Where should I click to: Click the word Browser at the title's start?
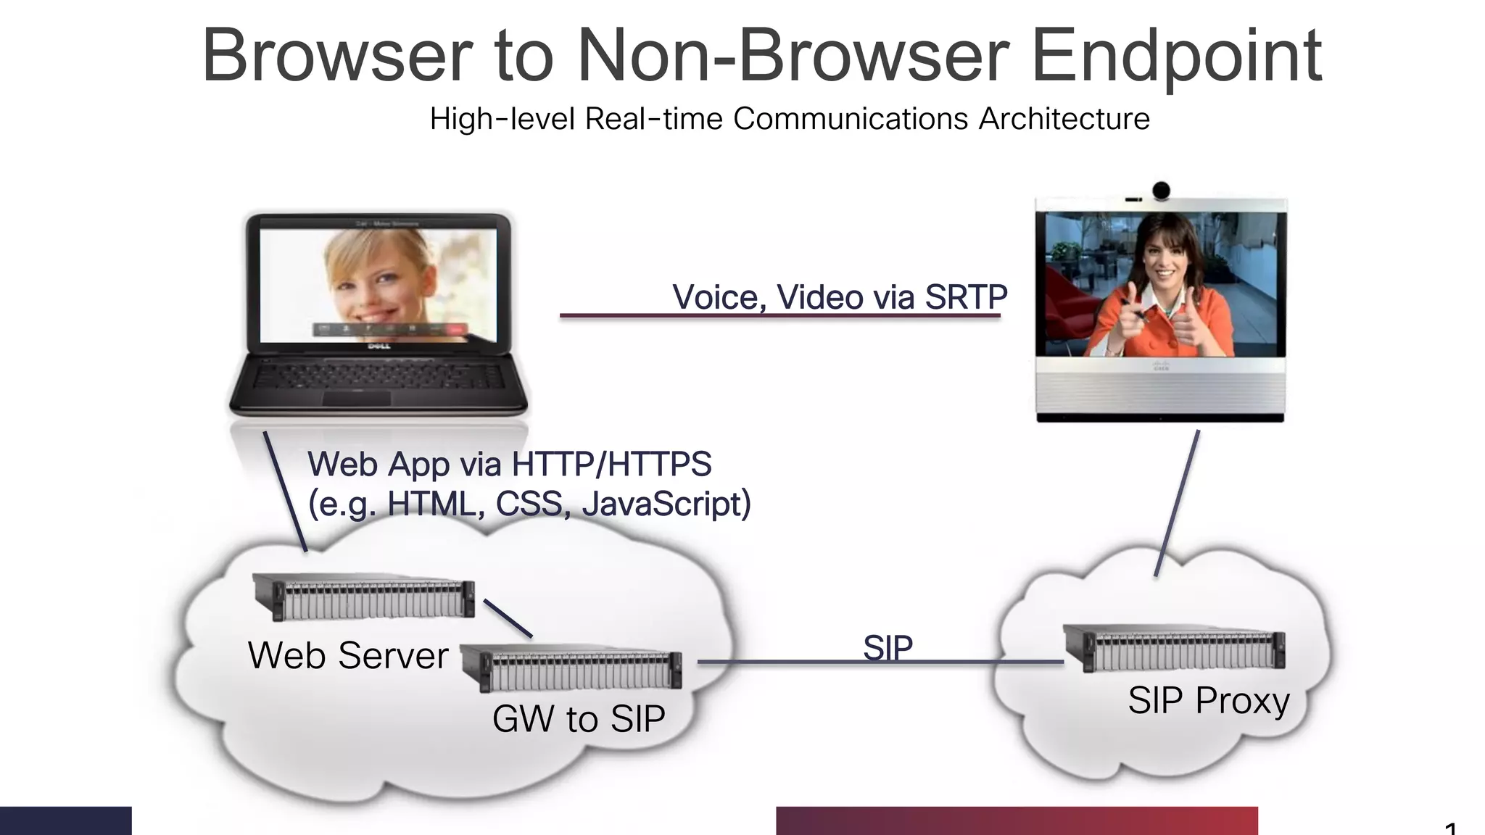pyautogui.click(x=337, y=57)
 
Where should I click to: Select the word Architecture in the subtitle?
pyautogui.click(x=1064, y=119)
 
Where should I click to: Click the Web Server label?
pyautogui.click(x=348, y=655)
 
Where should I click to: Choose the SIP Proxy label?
pyautogui.click(x=1209, y=700)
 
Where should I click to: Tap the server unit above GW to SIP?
pyautogui.click(x=571, y=667)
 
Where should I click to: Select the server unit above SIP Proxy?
pyautogui.click(x=1174, y=647)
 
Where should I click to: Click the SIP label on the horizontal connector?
pyautogui.click(x=888, y=647)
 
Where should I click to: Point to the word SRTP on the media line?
pyautogui.click(x=966, y=297)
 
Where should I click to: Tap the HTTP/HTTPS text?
pyautogui.click(x=611, y=464)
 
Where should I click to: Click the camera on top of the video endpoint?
pyautogui.click(x=1161, y=190)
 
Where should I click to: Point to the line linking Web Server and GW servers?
pyautogui.click(x=508, y=618)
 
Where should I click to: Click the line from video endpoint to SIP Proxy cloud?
pyautogui.click(x=1176, y=504)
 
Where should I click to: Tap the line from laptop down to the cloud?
pyautogui.click(x=285, y=491)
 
